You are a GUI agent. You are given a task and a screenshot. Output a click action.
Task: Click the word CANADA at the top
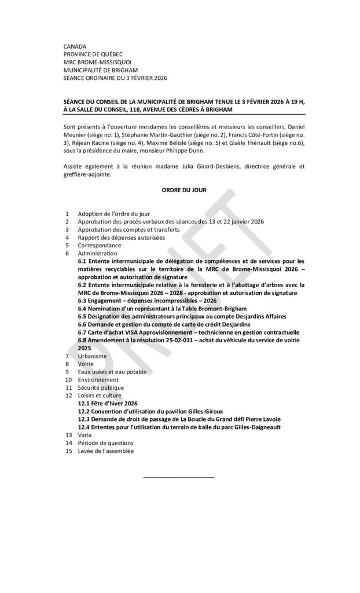pyautogui.click(x=75, y=46)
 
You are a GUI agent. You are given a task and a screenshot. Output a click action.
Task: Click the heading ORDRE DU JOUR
pyautogui.click(x=179, y=189)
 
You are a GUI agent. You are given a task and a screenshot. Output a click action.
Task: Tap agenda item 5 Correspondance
pyautogui.click(x=99, y=245)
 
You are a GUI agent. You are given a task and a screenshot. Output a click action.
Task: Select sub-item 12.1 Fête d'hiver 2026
pyautogui.click(x=108, y=403)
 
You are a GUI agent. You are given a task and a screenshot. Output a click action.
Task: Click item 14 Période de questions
pyautogui.click(x=105, y=442)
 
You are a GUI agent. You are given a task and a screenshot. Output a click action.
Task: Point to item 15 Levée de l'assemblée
pyautogui.click(x=105, y=451)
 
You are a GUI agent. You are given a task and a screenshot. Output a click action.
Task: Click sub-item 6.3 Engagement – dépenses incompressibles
pyautogui.click(x=147, y=301)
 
